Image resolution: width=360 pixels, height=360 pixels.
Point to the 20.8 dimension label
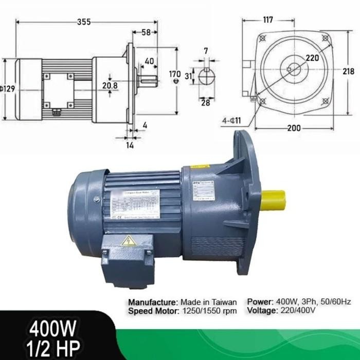[110, 85]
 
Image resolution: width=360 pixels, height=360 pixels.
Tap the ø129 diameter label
[8, 88]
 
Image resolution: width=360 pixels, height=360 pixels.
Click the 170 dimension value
[175, 74]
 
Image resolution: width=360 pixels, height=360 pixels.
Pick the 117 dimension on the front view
[267, 20]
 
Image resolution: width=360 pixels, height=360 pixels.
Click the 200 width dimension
[294, 129]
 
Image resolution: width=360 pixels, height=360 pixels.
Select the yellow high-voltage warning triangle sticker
[128, 240]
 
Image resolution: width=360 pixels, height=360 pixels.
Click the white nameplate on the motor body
[135, 204]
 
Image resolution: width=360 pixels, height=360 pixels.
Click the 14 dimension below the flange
[130, 145]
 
